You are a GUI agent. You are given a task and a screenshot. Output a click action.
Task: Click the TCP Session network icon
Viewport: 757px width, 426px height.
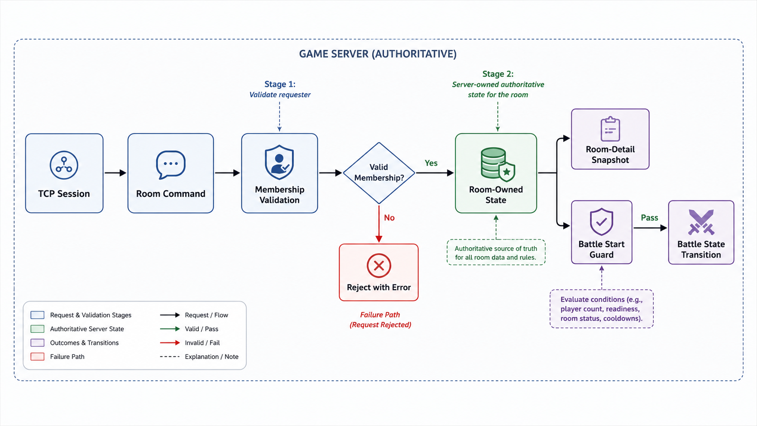pos(64,165)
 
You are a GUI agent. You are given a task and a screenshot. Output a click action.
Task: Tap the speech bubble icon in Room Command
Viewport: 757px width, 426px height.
pos(171,164)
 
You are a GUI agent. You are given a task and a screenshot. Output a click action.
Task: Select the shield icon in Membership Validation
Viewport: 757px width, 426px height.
pos(279,162)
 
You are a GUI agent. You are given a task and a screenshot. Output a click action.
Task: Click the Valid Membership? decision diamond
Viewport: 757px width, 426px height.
pos(379,173)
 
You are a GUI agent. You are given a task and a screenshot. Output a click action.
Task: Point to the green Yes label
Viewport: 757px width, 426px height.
pos(431,163)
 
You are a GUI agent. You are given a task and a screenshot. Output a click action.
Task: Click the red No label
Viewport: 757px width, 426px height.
pos(389,218)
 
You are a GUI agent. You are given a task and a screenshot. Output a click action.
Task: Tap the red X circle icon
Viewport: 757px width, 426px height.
pos(379,266)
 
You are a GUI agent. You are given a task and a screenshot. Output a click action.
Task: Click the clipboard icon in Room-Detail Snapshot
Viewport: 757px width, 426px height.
pos(610,129)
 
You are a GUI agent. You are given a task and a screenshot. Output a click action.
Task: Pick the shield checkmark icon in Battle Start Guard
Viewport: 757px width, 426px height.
pos(601,222)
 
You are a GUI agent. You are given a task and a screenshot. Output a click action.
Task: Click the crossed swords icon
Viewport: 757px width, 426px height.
pos(701,222)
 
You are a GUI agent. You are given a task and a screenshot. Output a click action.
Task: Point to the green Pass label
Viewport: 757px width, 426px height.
pos(650,218)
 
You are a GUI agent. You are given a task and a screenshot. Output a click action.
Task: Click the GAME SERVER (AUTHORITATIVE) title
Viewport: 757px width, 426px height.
pos(378,54)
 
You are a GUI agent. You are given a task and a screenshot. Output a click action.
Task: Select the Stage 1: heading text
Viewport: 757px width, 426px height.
pos(280,84)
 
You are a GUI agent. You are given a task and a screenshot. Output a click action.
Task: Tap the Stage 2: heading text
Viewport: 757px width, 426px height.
pos(498,74)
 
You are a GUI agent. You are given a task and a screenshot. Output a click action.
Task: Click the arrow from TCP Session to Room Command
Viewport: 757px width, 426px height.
pos(115,173)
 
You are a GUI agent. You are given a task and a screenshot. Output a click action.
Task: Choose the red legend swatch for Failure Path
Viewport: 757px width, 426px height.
pos(38,357)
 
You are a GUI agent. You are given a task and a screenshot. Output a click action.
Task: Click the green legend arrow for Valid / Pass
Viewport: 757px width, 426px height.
pos(170,329)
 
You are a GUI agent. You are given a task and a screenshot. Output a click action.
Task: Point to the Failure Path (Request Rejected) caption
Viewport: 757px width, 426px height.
pos(380,320)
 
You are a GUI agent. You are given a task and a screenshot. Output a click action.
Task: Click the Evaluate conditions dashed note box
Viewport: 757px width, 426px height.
pos(602,309)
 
